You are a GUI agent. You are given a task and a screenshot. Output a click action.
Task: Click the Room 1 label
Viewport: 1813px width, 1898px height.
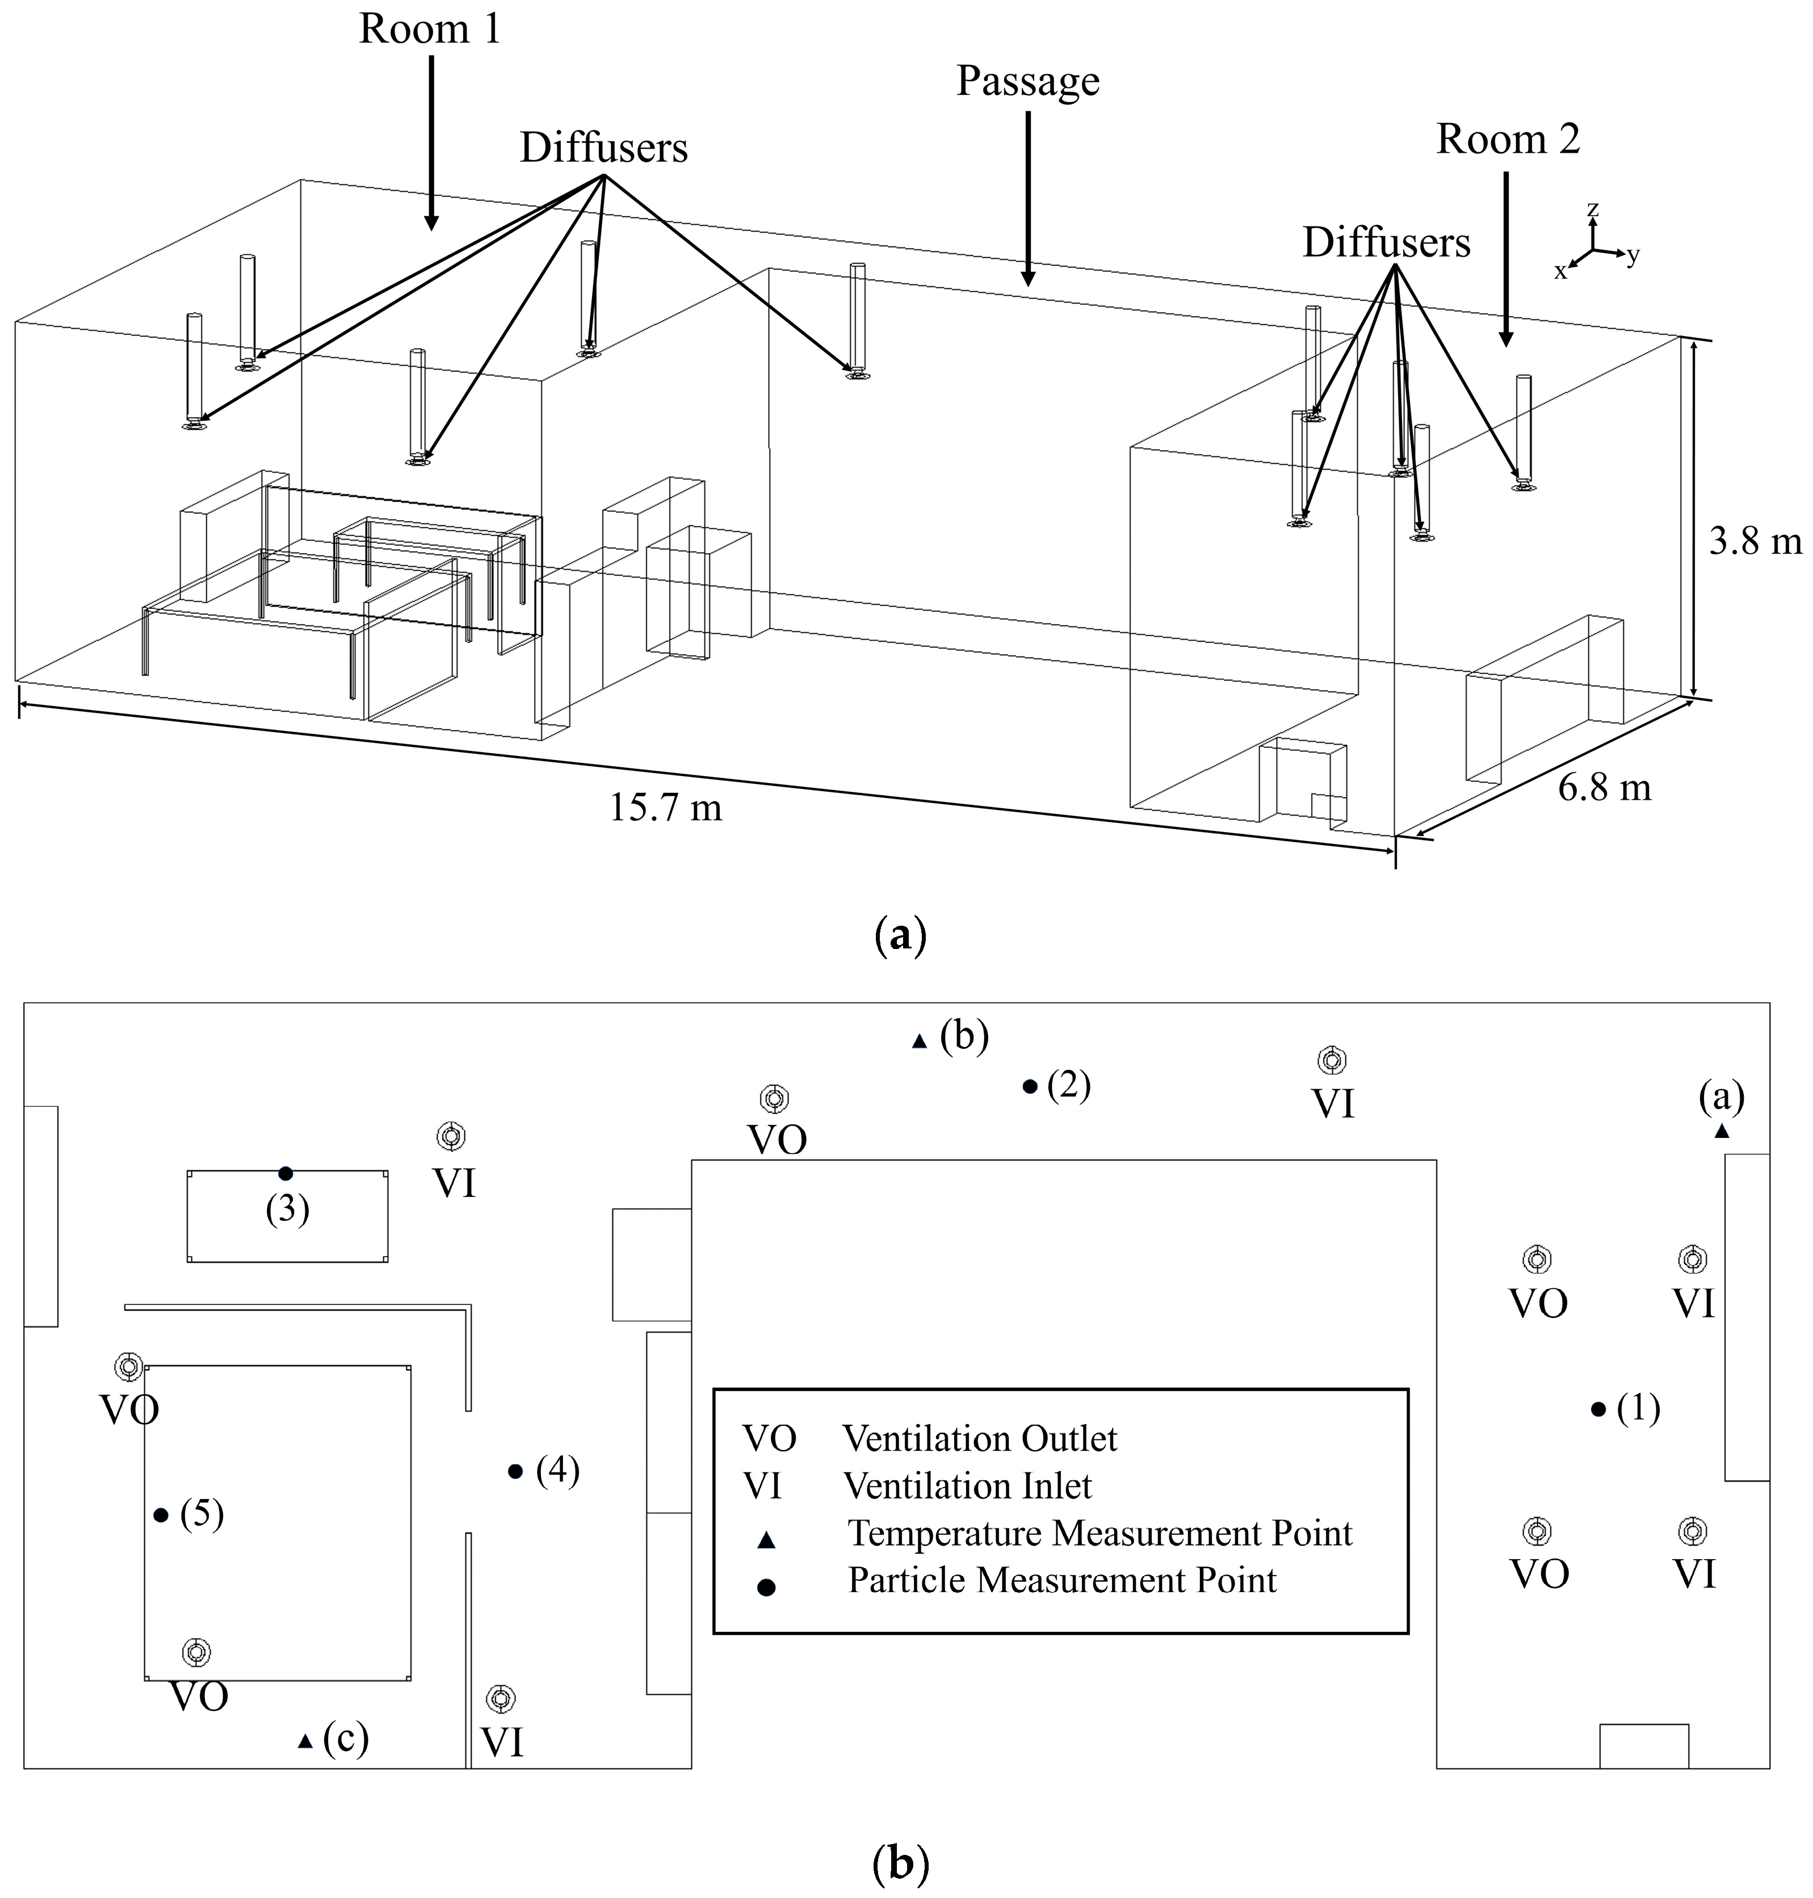[430, 29]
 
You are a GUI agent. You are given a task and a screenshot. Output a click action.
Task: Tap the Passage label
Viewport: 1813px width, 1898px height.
[1027, 81]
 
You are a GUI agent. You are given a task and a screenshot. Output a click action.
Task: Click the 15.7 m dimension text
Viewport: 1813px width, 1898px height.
[665, 807]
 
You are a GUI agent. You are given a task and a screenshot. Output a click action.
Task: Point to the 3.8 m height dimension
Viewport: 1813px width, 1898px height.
[1754, 541]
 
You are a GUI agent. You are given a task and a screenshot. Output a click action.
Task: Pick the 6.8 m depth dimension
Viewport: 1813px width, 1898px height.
[1604, 788]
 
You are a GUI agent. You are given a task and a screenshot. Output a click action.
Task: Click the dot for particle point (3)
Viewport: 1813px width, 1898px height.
[285, 1173]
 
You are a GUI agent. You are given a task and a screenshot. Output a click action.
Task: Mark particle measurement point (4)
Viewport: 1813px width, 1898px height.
[515, 1471]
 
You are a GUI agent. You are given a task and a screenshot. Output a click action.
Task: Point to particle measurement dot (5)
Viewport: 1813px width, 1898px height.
[161, 1514]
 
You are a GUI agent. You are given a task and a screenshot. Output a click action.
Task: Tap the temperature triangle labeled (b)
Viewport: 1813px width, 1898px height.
[920, 1042]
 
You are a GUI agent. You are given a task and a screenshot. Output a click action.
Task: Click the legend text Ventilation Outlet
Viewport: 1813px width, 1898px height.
[979, 1439]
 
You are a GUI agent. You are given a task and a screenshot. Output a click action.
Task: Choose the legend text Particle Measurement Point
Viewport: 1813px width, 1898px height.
[1061, 1580]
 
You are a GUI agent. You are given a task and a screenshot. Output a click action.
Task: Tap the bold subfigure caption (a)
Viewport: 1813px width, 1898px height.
[900, 935]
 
